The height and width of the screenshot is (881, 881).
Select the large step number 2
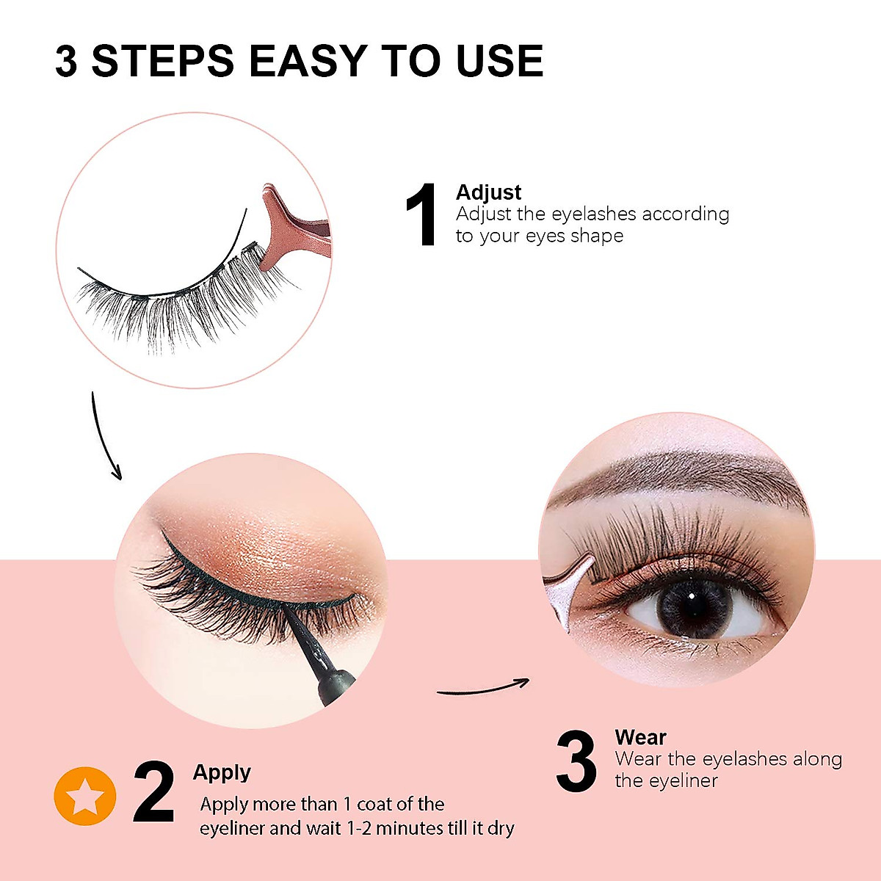[x=153, y=793]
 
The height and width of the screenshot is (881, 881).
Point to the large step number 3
[x=576, y=761]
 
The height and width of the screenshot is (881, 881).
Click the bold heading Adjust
[x=488, y=192]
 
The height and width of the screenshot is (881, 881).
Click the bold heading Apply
[x=222, y=772]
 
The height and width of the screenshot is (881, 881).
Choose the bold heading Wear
[x=640, y=737]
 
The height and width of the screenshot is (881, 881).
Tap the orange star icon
[x=85, y=796]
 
